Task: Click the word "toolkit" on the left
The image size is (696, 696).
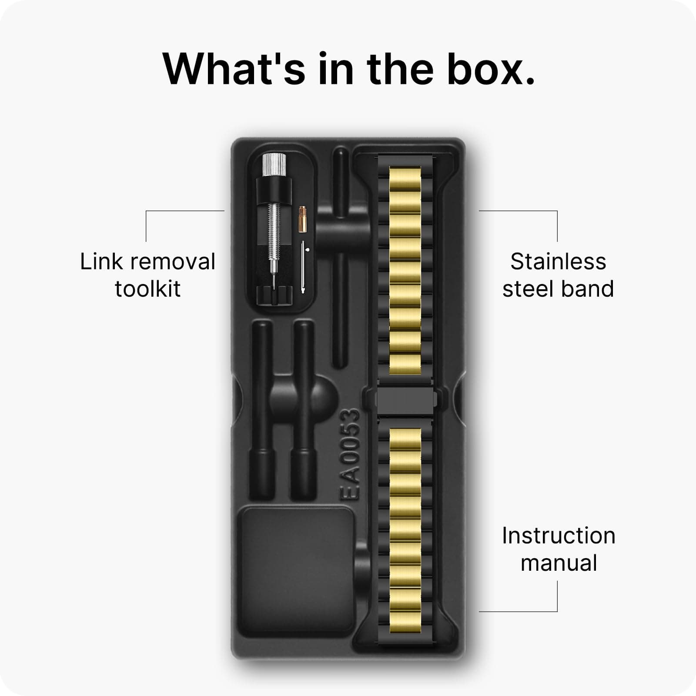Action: tap(148, 289)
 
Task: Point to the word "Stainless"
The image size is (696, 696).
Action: tap(558, 262)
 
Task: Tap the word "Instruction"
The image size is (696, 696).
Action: tap(559, 536)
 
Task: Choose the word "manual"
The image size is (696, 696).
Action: tap(559, 563)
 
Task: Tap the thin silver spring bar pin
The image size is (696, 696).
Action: tap(302, 267)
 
